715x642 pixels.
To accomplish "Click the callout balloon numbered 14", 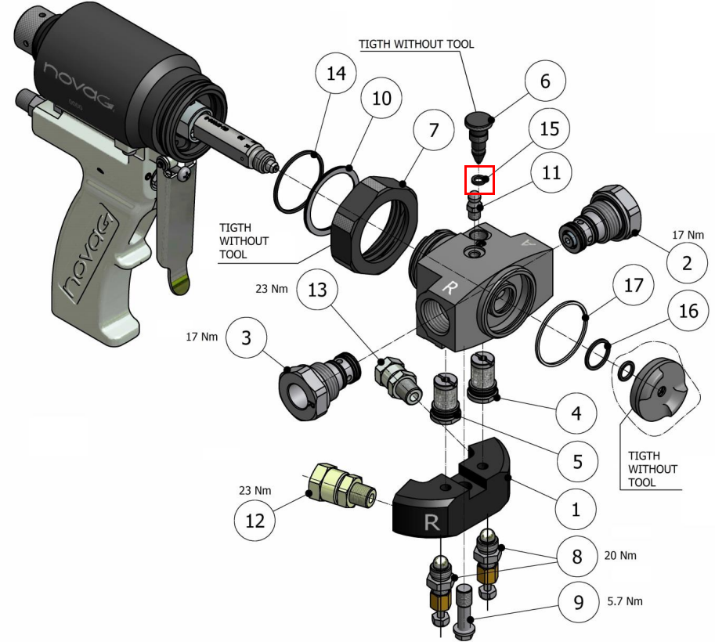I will click(335, 74).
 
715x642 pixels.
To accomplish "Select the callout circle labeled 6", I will click(545, 81).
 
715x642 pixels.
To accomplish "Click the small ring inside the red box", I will click(478, 180).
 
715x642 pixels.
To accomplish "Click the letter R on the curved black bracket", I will click(431, 522).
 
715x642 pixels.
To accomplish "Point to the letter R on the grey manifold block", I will click(450, 287).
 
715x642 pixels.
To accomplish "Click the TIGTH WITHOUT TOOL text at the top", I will click(416, 44).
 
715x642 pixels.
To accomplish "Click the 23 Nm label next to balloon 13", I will click(272, 289).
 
